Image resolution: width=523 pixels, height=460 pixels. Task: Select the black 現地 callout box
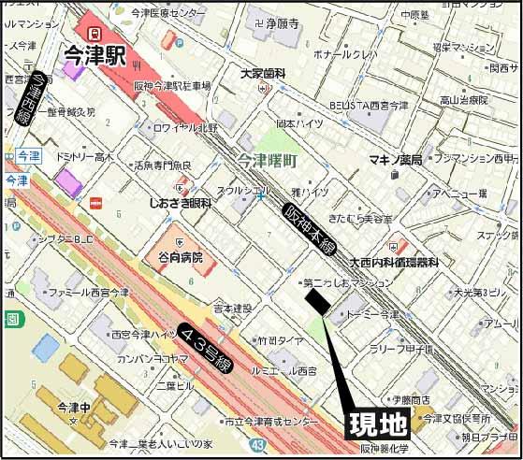tap(378, 424)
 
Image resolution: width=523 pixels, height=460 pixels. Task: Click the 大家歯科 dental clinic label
tap(261, 72)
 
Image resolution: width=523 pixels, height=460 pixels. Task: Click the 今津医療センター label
tap(167, 14)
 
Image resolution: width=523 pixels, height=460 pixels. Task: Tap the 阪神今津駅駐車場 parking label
tap(172, 85)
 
